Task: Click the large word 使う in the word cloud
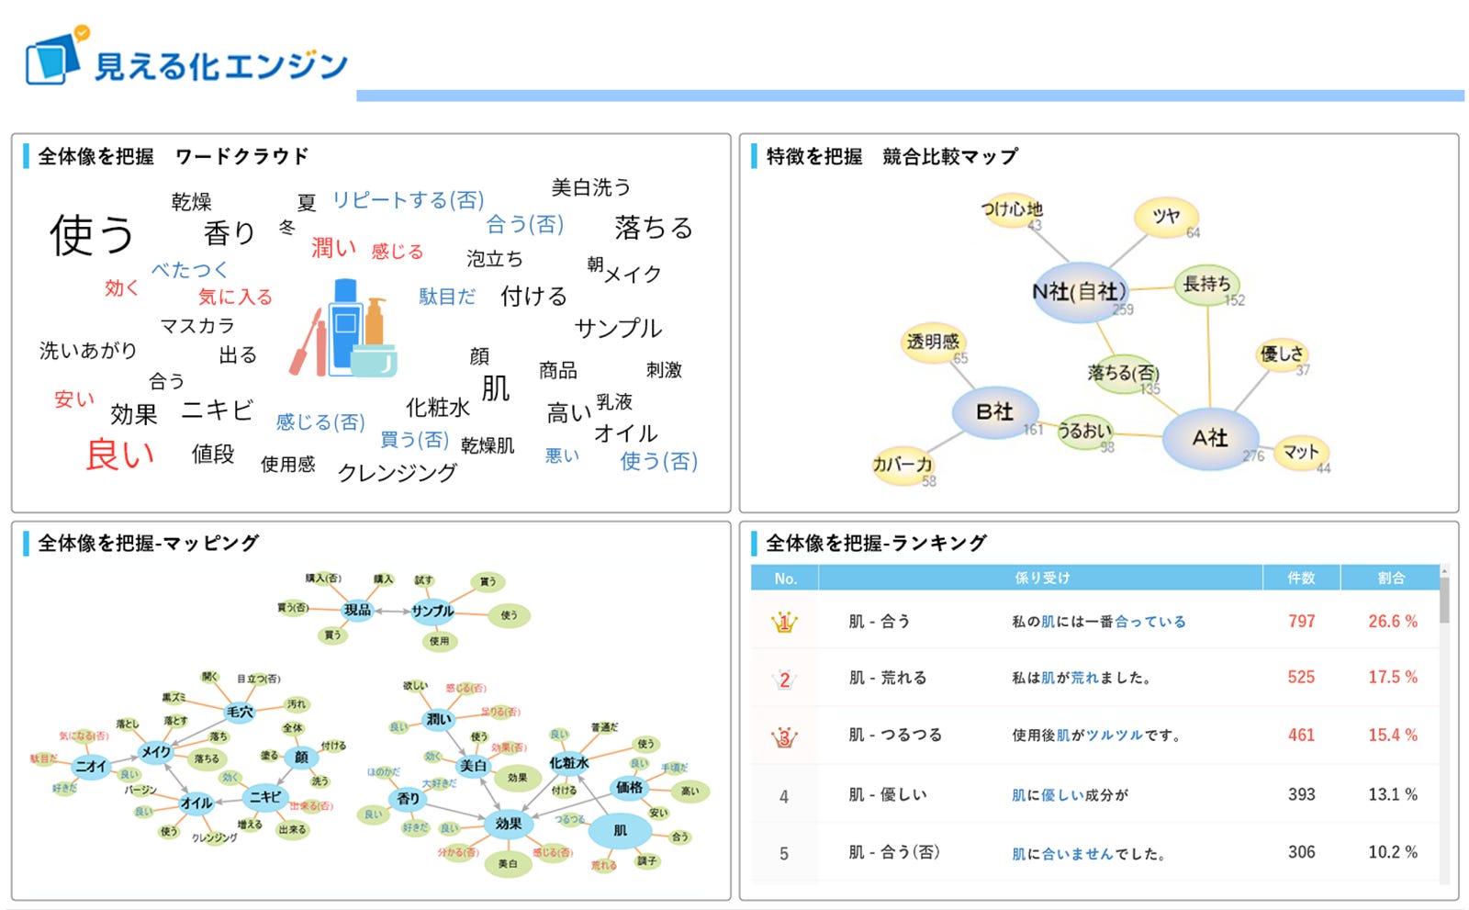click(92, 234)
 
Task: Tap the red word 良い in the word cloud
click(120, 454)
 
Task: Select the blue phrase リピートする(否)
click(408, 200)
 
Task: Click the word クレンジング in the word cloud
click(397, 472)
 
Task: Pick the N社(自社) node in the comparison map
click(1079, 292)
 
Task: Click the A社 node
click(1210, 438)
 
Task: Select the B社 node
click(994, 411)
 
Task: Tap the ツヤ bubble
click(1166, 217)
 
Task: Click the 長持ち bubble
click(1206, 285)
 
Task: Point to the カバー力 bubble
click(903, 465)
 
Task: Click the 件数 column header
click(1301, 578)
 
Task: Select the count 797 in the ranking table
click(1301, 622)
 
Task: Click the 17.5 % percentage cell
click(1392, 678)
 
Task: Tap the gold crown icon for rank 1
click(784, 623)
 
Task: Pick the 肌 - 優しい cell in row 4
click(887, 795)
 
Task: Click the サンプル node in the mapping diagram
click(432, 611)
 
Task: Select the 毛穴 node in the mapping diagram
click(240, 712)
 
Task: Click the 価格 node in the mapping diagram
click(629, 788)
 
